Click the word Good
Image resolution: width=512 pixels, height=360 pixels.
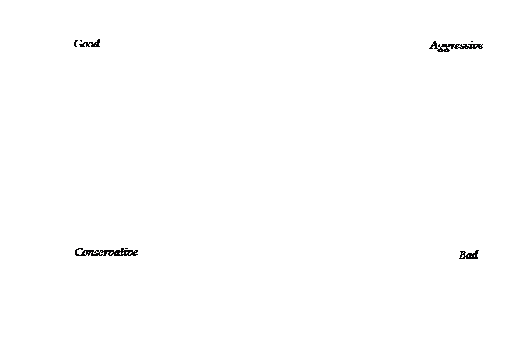(87, 44)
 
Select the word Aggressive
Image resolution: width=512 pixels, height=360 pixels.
(456, 46)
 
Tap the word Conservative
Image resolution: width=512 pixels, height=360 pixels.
(106, 252)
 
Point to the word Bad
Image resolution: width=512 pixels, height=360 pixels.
(468, 255)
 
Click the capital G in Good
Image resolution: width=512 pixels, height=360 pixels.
(78, 44)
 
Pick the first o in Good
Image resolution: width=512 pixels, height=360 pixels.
(86, 45)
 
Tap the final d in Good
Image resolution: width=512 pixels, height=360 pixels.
(96, 44)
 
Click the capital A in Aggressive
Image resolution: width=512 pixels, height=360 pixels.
(434, 45)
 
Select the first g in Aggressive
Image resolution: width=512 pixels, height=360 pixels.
(442, 47)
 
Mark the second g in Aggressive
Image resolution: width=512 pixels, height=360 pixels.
(448, 47)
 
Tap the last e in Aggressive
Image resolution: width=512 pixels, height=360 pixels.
(480, 47)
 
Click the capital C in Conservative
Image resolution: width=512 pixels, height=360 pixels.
(79, 252)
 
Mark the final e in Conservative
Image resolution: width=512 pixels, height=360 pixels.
(135, 253)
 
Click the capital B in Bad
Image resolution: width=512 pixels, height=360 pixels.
(463, 255)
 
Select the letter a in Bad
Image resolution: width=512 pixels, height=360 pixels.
(469, 257)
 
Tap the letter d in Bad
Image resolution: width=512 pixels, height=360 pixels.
(475, 255)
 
